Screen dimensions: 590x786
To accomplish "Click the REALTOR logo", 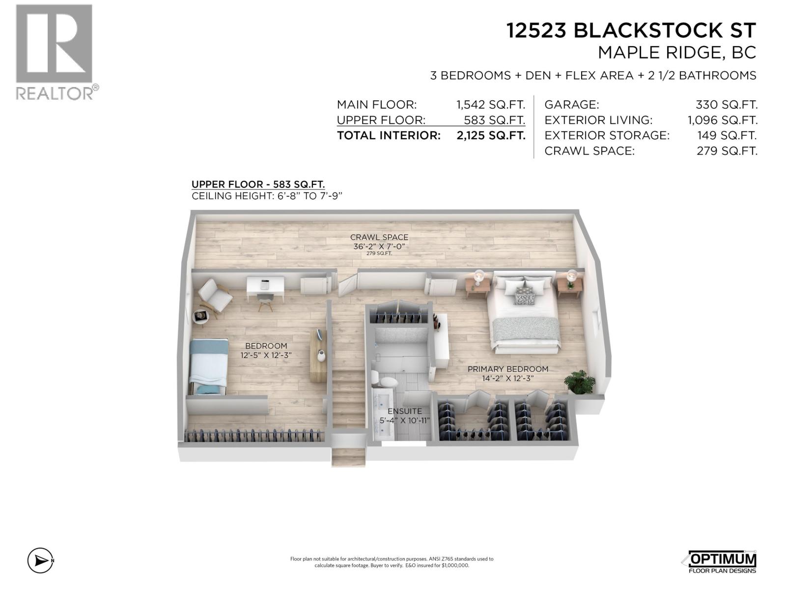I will pyautogui.click(x=54, y=52).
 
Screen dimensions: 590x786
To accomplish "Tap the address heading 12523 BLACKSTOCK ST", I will pyautogui.click(x=631, y=30).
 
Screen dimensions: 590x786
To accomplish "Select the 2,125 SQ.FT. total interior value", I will pyautogui.click(x=491, y=136).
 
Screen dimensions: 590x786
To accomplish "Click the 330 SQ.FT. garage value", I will pyautogui.click(x=726, y=105).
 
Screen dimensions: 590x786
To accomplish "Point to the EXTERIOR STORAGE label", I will pyautogui.click(x=607, y=135).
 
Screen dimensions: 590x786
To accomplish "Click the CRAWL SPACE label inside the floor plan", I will pyautogui.click(x=379, y=237).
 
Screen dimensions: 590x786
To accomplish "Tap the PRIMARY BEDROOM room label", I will pyautogui.click(x=507, y=369).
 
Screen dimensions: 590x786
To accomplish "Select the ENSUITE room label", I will pyautogui.click(x=404, y=411).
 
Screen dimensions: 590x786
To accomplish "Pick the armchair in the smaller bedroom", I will pyautogui.click(x=215, y=295).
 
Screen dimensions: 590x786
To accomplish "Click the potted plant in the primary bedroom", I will pyautogui.click(x=580, y=382).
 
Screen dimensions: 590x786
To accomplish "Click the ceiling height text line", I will pyautogui.click(x=266, y=196).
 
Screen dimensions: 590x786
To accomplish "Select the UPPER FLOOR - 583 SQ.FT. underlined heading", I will pyautogui.click(x=258, y=184).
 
